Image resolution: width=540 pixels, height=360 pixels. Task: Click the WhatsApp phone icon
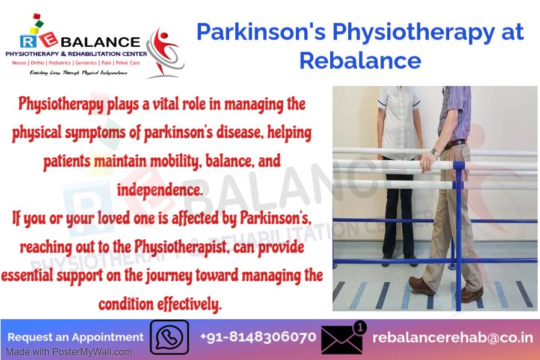click(x=169, y=337)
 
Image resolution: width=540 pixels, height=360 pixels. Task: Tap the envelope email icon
click(x=342, y=340)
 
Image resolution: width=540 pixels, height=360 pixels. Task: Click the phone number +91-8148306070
click(x=258, y=337)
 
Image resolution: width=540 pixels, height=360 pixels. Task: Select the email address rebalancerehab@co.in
click(x=453, y=338)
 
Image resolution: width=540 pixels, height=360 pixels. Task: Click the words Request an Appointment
click(x=75, y=337)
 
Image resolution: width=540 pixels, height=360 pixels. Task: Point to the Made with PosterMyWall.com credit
click(x=69, y=352)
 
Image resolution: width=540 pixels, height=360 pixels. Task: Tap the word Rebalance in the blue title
click(x=360, y=61)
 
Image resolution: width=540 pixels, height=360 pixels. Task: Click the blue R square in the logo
click(x=28, y=41)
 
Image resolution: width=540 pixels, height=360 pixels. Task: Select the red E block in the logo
click(x=48, y=40)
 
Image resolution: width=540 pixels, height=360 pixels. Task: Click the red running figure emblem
click(x=165, y=52)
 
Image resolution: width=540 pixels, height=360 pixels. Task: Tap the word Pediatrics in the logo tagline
click(x=60, y=63)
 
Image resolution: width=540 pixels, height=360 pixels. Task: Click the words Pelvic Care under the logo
click(x=127, y=63)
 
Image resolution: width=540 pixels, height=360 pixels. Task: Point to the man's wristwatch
click(x=434, y=152)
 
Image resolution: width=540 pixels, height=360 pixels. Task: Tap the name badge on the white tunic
click(x=392, y=94)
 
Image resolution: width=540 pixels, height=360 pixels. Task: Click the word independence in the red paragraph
click(x=159, y=190)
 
